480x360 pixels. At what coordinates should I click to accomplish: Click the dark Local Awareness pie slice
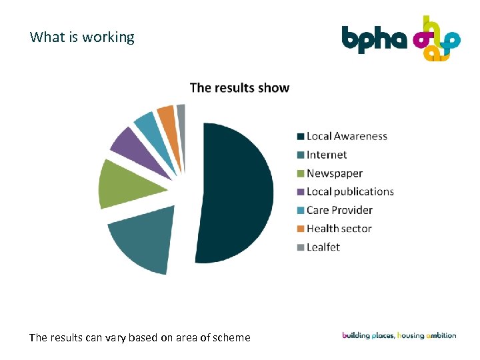[x=237, y=193]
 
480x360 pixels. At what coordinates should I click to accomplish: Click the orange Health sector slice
[x=166, y=115]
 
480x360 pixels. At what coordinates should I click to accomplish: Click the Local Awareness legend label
[x=347, y=137]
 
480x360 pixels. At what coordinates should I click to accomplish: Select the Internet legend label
[x=327, y=155]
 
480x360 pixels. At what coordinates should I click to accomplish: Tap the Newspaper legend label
[x=335, y=173]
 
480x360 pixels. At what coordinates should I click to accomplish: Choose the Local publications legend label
[x=350, y=192]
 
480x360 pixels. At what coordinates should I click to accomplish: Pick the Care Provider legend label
[x=339, y=210]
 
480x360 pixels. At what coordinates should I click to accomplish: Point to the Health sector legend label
[x=339, y=229]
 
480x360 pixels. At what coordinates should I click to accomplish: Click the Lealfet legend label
[x=323, y=247]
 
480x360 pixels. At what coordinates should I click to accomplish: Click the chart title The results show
[x=239, y=87]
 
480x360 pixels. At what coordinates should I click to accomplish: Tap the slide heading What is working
[x=82, y=37]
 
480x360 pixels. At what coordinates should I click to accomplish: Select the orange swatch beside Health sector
[x=301, y=229]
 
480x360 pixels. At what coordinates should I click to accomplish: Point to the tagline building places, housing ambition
[x=399, y=335]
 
